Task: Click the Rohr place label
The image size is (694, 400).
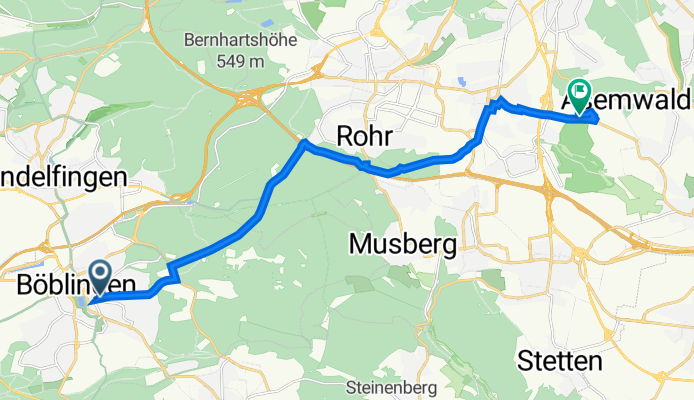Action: [364, 136]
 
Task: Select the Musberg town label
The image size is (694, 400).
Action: [404, 243]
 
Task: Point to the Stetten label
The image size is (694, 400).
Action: [560, 362]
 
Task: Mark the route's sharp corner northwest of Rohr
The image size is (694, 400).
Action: [304, 144]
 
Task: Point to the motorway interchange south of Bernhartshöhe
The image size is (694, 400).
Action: [247, 98]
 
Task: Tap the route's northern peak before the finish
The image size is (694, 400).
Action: [500, 102]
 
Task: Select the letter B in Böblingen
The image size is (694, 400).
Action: [26, 285]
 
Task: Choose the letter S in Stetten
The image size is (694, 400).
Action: [526, 362]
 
